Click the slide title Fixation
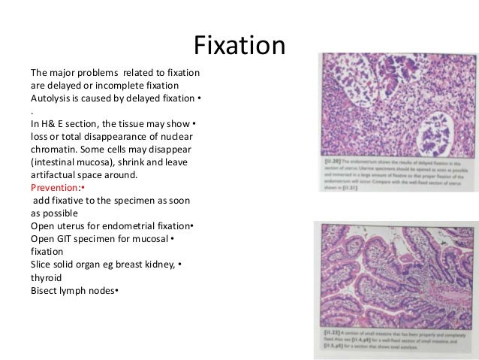[x=239, y=47]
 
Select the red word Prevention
[x=54, y=188]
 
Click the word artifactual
[x=56, y=175]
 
